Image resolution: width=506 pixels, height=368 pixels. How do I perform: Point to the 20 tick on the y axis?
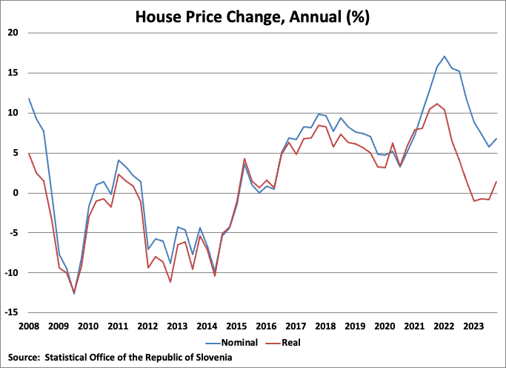pos(13,33)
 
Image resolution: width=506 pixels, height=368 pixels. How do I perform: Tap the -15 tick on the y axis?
pos(12,313)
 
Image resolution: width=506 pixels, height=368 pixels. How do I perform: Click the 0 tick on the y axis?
pos(16,193)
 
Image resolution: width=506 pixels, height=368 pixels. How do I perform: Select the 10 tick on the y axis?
pos(13,113)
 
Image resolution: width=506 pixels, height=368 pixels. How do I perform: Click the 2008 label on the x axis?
pos(29,326)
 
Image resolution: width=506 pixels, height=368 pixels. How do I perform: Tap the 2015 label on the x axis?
pos(236,326)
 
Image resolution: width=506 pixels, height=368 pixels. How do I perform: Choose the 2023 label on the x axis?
pos(473,326)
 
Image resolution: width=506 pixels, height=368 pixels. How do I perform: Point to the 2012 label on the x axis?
pos(147,326)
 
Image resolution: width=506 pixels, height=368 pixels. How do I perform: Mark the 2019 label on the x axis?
pos(355,326)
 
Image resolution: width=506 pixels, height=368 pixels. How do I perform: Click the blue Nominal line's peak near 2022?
pos(445,56)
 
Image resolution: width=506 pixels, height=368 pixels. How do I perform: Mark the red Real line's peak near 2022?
pos(437,104)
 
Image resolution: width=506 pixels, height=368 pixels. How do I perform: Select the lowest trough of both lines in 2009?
pos(73,294)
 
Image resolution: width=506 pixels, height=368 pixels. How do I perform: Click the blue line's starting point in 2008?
pos(29,99)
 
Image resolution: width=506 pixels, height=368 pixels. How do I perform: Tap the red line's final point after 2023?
pos(496,182)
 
